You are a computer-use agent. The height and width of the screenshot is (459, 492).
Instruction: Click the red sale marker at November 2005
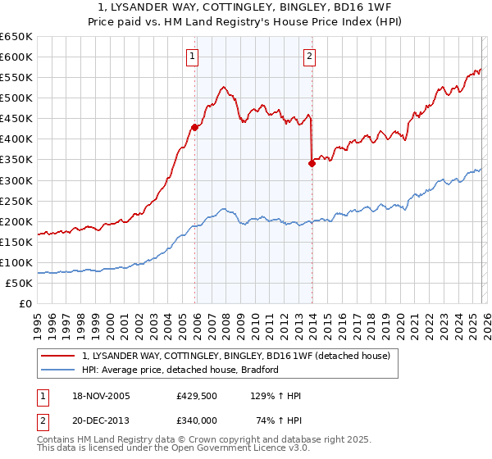tap(195, 127)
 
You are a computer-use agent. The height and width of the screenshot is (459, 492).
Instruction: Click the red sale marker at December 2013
tap(312, 164)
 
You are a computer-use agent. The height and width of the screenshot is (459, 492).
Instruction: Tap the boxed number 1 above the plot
tap(192, 57)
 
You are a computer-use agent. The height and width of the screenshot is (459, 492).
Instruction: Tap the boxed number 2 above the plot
tap(310, 57)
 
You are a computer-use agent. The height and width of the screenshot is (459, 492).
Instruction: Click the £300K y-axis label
tap(17, 180)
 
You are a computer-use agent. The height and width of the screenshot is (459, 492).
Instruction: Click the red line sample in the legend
tap(60, 356)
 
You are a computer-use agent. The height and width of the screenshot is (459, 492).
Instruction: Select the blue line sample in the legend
tap(60, 370)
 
